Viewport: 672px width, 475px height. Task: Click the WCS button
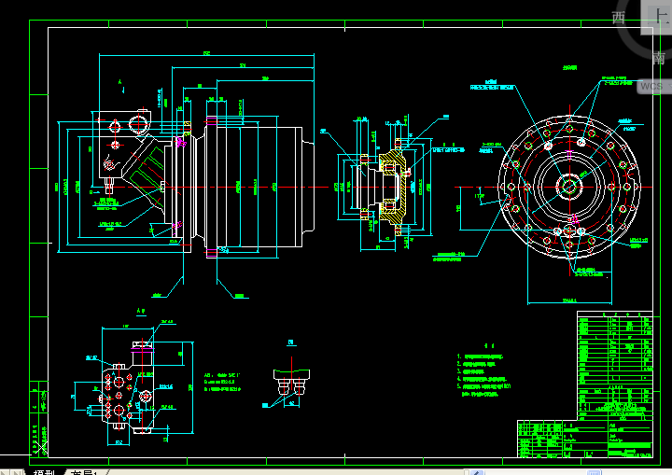pyautogui.click(x=651, y=87)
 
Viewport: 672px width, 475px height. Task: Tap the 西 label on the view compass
pyautogui.click(x=619, y=18)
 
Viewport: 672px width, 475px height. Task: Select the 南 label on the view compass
pyautogui.click(x=659, y=58)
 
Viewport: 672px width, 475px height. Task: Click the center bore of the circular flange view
pyautogui.click(x=568, y=185)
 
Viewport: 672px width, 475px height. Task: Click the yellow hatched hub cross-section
pyautogui.click(x=392, y=185)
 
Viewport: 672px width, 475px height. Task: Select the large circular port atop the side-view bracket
pyautogui.click(x=142, y=123)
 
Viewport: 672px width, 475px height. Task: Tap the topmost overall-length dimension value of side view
pyautogui.click(x=205, y=55)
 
